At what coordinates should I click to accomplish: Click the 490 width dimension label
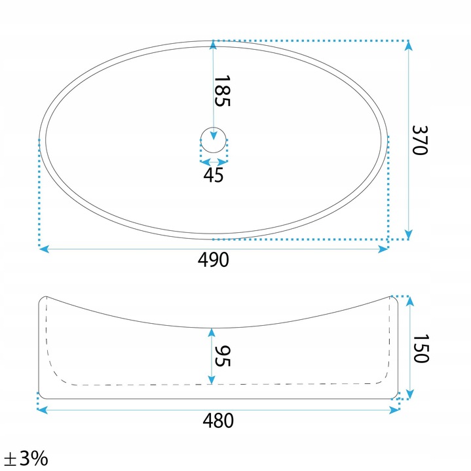(x=214, y=260)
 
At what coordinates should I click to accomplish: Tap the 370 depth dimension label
(x=420, y=140)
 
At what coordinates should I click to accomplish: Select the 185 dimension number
(x=222, y=91)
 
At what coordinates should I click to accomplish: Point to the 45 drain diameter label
(x=214, y=175)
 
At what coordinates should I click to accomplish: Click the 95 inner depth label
(x=223, y=356)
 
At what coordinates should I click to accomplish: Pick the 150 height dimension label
(x=421, y=349)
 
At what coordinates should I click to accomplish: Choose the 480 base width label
(x=218, y=421)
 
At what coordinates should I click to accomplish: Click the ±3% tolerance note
(x=26, y=458)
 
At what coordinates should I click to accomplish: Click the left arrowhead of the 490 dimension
(x=44, y=249)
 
